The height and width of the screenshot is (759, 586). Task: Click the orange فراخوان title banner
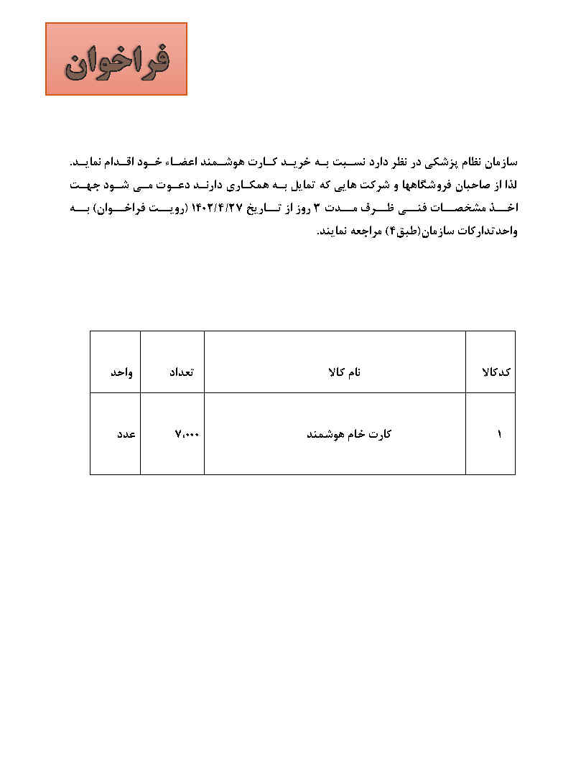[x=116, y=59]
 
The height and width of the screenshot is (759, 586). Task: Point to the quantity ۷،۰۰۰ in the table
[x=187, y=434]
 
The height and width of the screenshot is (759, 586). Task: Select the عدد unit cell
[x=126, y=434]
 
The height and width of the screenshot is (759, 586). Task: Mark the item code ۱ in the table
[x=499, y=434]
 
